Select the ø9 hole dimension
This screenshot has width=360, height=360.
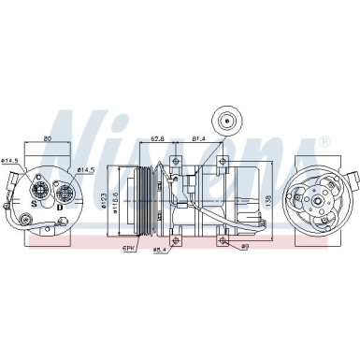pos(242,248)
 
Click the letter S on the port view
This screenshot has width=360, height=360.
pos(35,203)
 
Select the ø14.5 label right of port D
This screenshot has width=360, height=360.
pos(85,170)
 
